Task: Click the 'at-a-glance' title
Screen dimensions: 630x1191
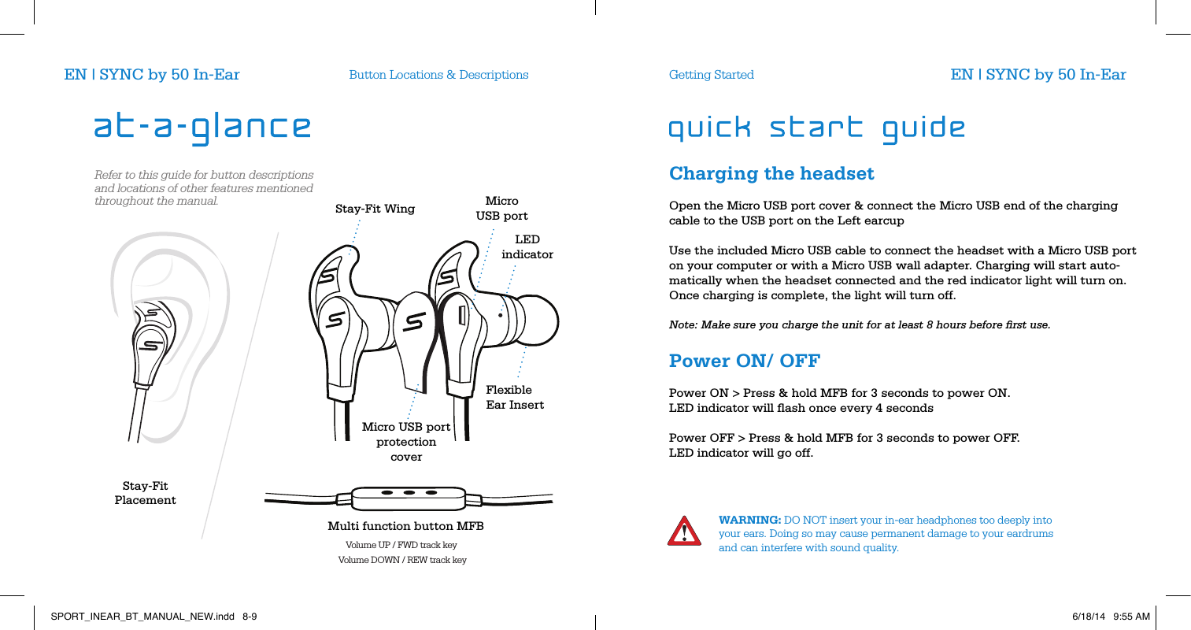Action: pos(202,128)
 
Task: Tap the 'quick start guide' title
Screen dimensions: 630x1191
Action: pos(816,128)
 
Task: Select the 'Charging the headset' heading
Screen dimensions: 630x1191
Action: pos(771,173)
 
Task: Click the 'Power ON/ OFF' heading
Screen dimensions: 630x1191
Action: pos(744,361)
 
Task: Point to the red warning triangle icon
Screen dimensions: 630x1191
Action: pos(684,532)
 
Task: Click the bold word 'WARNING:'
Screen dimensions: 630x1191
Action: pos(749,520)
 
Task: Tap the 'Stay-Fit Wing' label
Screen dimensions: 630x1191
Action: pos(375,209)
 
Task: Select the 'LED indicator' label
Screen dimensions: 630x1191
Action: pos(527,246)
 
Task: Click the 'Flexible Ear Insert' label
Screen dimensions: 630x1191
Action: pos(515,397)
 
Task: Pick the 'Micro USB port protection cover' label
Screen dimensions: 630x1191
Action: pos(406,442)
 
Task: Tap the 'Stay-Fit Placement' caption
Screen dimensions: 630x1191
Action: pos(145,493)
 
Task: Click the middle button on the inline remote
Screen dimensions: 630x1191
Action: pos(409,492)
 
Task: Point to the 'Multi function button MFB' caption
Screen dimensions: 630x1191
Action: pos(405,526)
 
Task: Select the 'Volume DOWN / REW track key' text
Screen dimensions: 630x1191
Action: pos(402,560)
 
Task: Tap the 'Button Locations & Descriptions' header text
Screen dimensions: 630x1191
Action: pos(438,75)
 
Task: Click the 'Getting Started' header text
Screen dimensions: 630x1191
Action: pos(711,75)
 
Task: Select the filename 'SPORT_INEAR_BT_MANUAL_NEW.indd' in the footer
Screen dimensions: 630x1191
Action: pos(142,617)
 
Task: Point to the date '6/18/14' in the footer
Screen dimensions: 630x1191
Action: pos(1088,617)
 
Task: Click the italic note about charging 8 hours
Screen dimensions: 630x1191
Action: pos(859,325)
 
